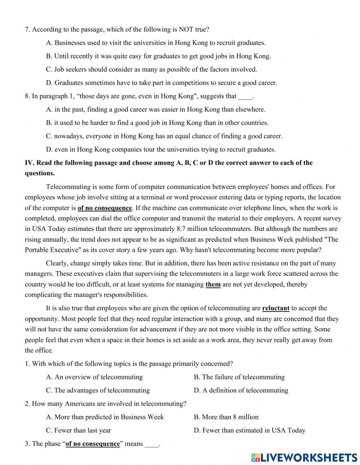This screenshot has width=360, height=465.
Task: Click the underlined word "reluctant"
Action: click(276, 308)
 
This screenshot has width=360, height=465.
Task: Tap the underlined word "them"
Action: click(213, 285)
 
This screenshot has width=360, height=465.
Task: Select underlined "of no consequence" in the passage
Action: click(105, 208)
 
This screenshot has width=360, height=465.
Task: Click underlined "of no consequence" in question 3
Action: click(93, 444)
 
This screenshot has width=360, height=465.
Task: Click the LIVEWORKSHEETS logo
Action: click(304, 457)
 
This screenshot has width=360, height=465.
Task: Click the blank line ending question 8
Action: click(245, 96)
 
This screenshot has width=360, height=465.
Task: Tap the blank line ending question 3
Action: click(152, 444)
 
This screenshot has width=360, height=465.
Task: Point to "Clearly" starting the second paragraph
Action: click(57, 264)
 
